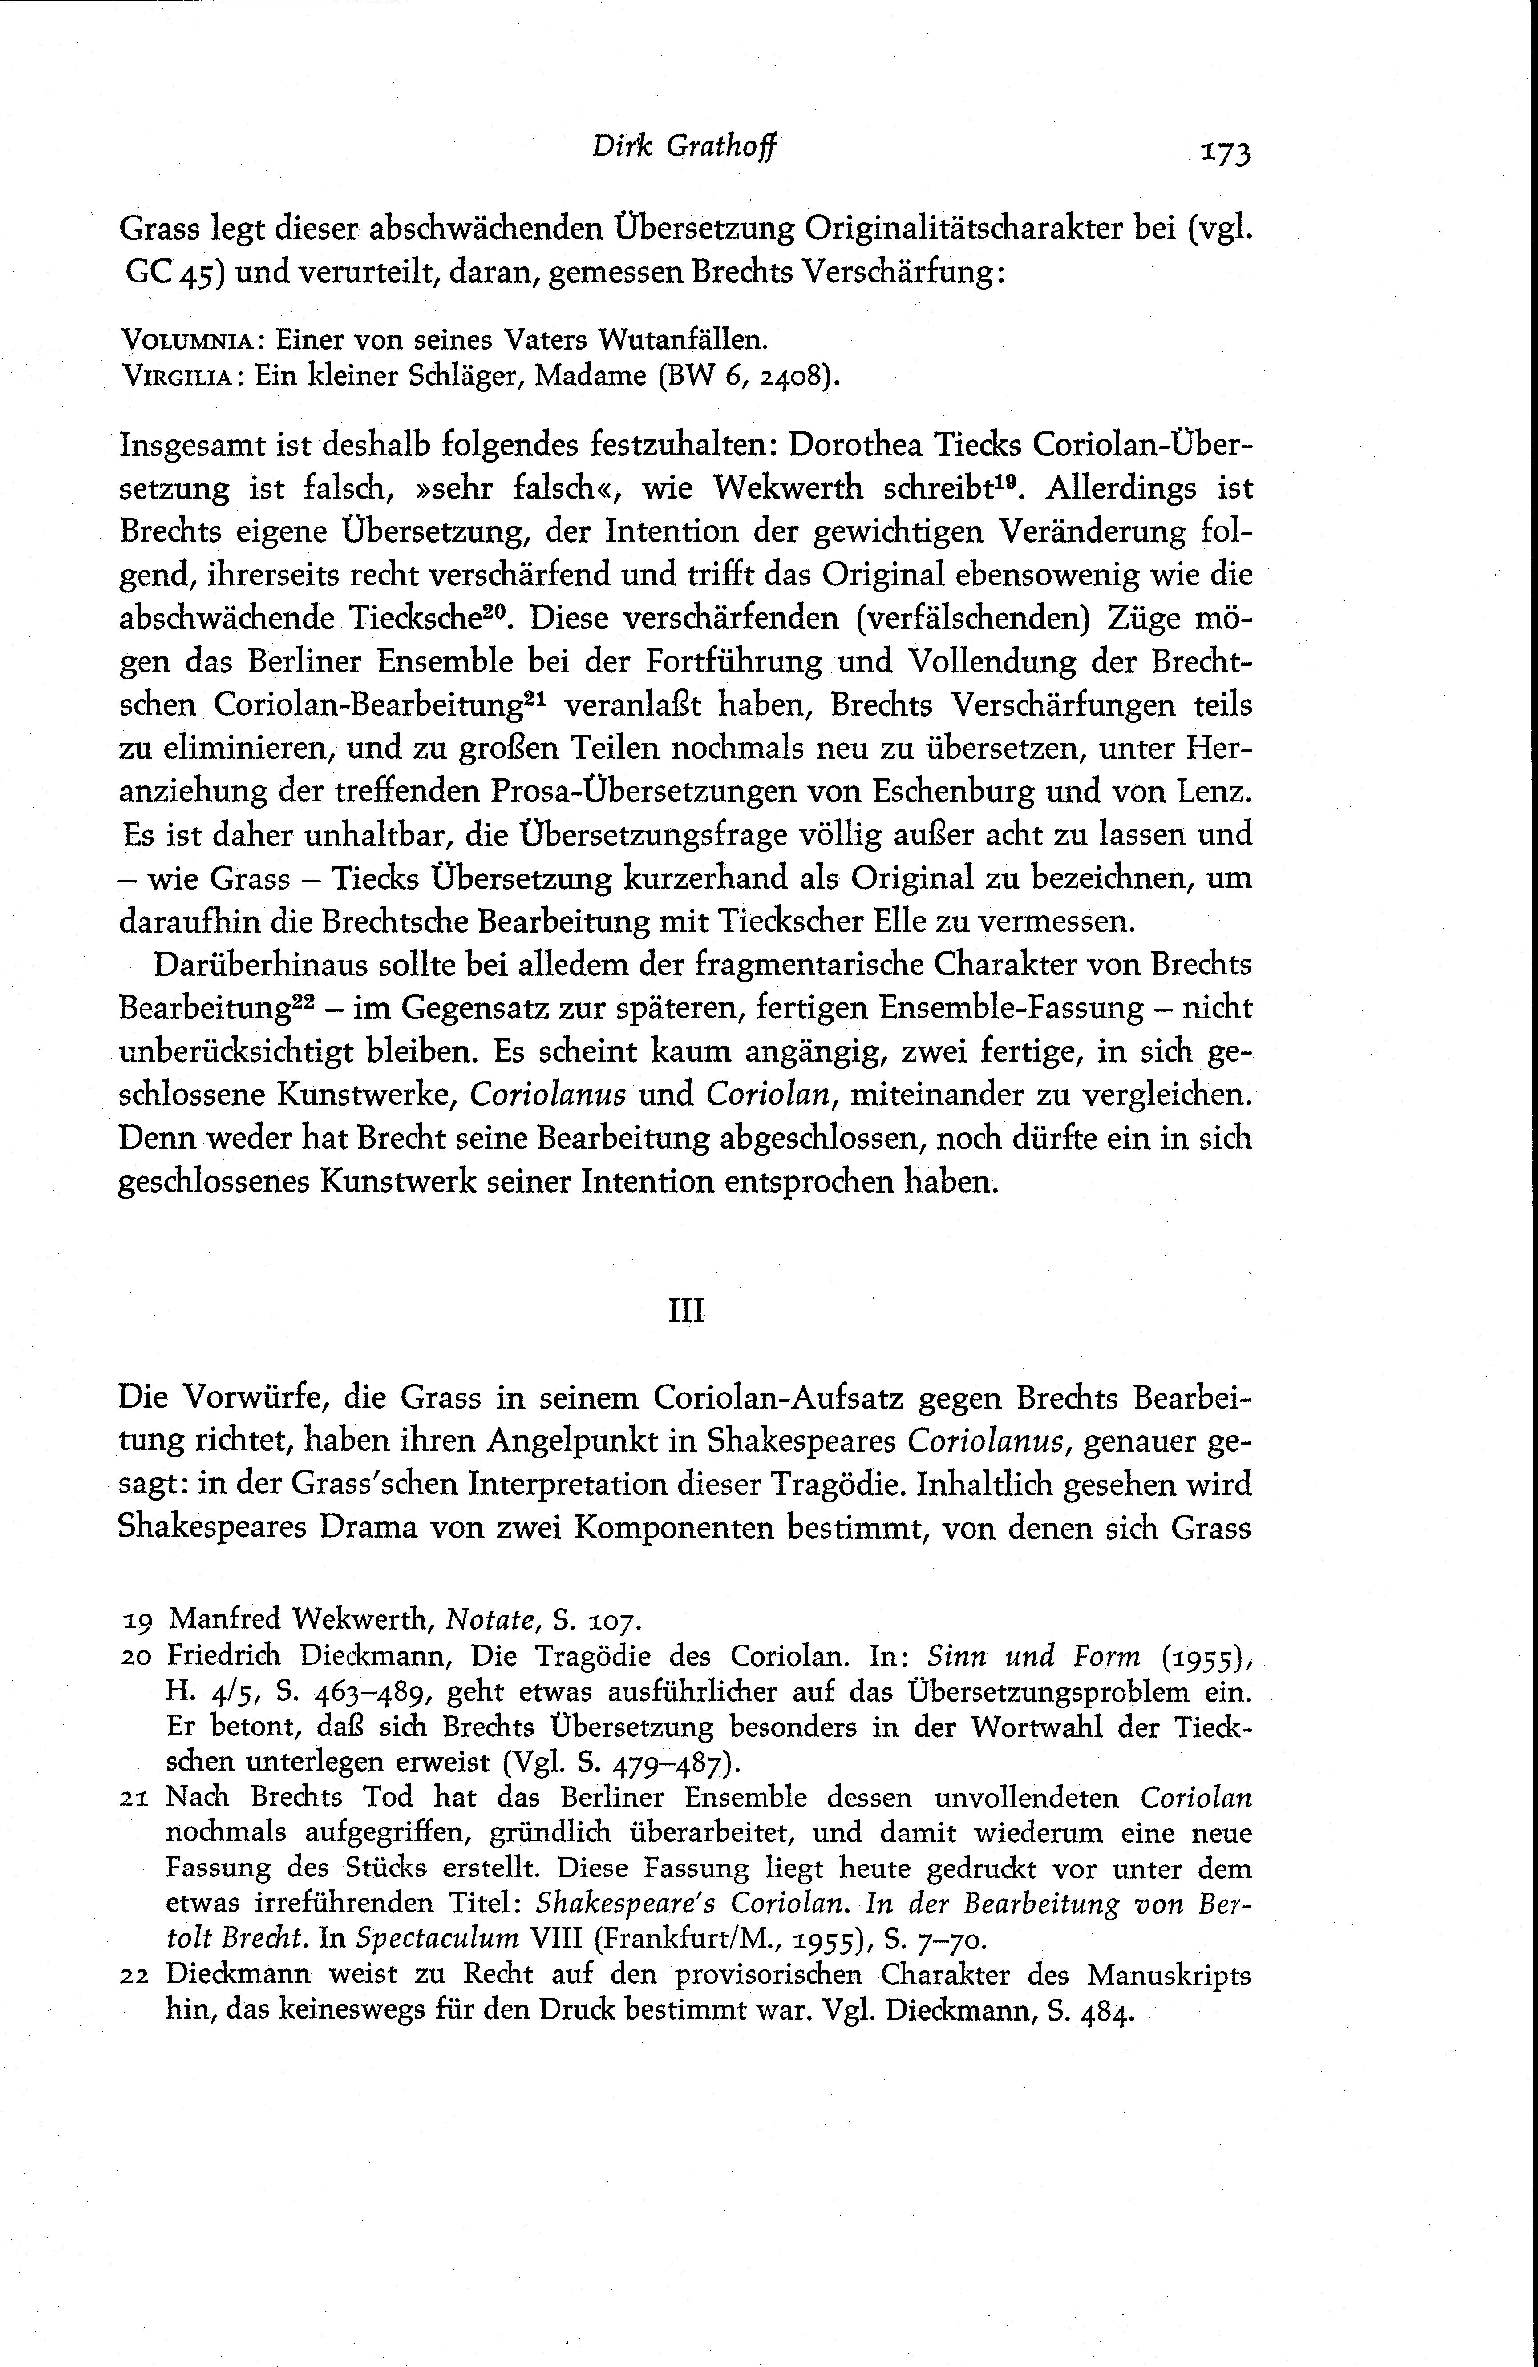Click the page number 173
coord(1225,152)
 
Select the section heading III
coord(685,1311)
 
